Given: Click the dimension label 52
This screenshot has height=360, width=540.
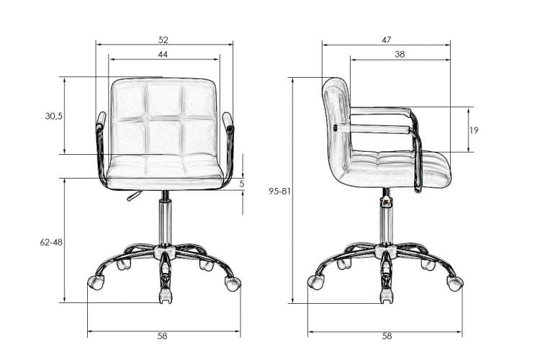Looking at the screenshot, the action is [163, 40].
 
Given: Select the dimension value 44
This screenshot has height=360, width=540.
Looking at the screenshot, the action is [163, 55].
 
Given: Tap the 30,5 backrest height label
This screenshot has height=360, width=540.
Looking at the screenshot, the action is [54, 116].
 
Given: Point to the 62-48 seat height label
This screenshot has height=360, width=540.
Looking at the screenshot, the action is [51, 242].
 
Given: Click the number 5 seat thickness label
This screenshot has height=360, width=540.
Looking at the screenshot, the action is [242, 184].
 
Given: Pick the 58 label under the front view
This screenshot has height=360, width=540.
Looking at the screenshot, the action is [162, 336].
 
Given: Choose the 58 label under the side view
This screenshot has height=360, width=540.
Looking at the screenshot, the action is [387, 336].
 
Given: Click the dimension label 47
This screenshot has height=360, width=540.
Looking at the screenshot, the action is [387, 40].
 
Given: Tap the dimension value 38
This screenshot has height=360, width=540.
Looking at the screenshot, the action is [400, 55].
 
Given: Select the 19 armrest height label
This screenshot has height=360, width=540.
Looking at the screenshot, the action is [474, 130].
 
